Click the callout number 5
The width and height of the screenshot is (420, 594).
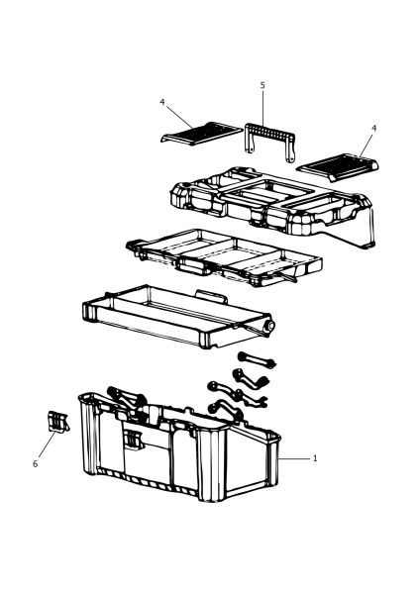(262, 85)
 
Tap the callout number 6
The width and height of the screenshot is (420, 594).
(36, 463)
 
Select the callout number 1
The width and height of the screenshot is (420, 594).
(315, 458)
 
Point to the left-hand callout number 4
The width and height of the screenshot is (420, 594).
(162, 102)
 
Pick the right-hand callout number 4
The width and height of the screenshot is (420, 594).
(373, 128)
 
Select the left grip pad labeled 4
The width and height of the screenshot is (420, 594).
(201, 133)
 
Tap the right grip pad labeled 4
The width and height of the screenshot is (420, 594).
(338, 166)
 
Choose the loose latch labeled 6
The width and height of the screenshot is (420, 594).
(58, 422)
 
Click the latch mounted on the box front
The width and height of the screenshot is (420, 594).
(133, 440)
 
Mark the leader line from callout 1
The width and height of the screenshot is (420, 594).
(294, 458)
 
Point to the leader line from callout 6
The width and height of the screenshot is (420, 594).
(47, 444)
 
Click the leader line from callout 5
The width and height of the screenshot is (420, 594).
(262, 109)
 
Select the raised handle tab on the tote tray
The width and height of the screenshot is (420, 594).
(212, 296)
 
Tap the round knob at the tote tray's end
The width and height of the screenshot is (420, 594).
(270, 325)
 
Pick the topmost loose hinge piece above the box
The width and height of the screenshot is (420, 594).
(257, 360)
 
